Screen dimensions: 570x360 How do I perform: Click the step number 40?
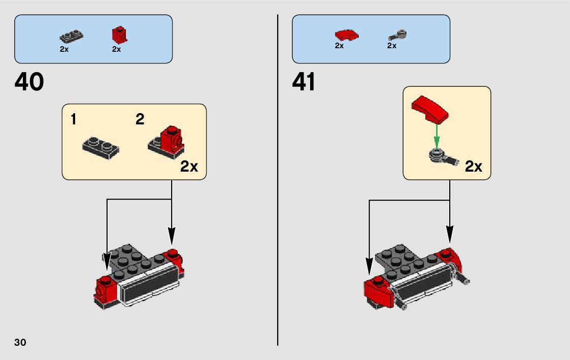29,82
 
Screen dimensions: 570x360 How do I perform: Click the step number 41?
304,82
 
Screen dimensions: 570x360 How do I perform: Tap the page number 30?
20,342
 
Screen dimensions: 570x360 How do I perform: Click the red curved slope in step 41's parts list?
346,35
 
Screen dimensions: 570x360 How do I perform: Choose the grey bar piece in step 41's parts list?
398,35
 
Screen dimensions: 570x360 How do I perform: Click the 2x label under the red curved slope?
339,46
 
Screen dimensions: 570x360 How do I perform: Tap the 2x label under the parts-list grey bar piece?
391,46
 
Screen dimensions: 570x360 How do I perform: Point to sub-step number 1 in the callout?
74,120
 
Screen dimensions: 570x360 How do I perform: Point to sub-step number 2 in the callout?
140,120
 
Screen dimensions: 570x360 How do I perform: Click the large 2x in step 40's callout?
189,167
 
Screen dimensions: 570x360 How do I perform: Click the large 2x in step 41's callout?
473,167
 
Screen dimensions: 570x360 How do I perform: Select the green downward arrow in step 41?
435,136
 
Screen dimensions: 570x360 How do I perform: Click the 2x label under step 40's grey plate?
64,49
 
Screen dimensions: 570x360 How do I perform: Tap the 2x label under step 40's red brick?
116,49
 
